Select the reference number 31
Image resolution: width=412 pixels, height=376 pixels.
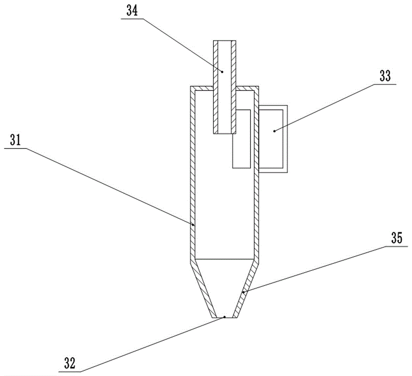16,141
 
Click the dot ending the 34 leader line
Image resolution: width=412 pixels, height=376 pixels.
222,71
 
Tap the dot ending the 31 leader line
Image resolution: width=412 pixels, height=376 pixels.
193,225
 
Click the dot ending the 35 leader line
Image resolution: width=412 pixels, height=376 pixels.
243,292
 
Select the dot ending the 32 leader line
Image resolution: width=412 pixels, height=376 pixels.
225,317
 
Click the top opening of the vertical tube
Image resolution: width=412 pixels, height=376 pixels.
225,41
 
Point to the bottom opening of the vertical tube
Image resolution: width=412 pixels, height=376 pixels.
225,133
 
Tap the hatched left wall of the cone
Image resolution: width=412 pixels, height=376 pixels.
205,289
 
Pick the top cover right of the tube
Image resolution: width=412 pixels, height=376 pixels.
247,88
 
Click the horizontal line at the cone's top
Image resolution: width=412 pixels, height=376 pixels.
225,259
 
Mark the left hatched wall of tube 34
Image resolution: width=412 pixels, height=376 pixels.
215,87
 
